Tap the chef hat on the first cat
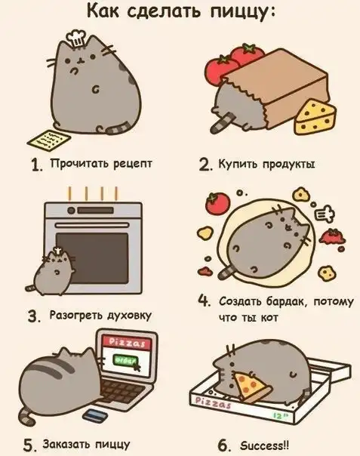point(75,39)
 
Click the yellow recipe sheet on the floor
point(49,140)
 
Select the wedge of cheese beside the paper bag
point(315,117)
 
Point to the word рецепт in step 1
point(133,164)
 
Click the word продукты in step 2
point(288,165)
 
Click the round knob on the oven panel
point(71,211)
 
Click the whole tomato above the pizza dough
point(217,202)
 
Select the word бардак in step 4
point(285,301)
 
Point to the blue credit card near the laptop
point(94,415)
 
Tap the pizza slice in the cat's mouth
point(252,387)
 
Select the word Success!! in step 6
point(265,445)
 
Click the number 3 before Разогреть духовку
point(33,316)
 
